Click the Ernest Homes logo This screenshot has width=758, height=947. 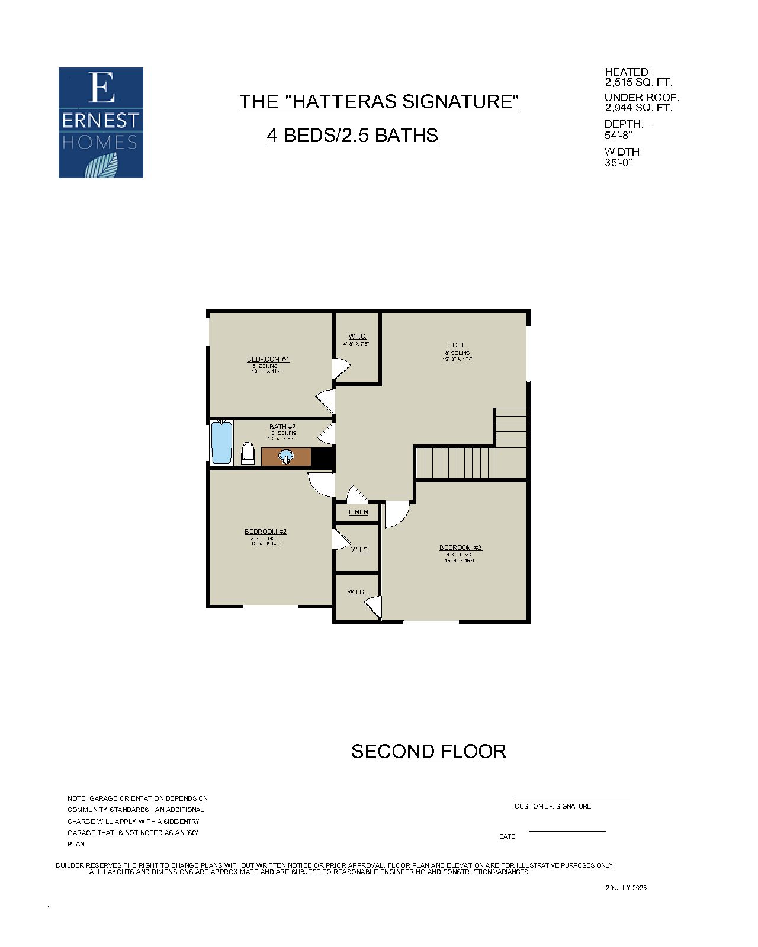coord(101,123)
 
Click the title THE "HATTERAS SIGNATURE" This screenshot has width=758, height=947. coord(379,101)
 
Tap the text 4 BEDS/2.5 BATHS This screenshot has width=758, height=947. coord(352,136)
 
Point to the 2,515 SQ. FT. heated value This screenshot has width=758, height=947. coord(638,82)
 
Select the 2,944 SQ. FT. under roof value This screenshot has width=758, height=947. coord(638,108)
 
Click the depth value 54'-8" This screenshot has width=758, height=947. coord(618,135)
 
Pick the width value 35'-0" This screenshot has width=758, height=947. coord(618,162)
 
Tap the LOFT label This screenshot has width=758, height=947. coord(456,345)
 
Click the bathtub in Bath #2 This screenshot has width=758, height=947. coord(221,443)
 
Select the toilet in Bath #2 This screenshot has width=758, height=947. coord(248,453)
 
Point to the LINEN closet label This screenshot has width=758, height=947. coord(358,512)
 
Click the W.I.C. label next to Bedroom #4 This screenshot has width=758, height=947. coord(357,336)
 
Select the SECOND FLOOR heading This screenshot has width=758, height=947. coord(428,752)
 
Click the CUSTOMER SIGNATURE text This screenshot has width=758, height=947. coord(553,806)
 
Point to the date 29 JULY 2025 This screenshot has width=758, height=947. coord(626,888)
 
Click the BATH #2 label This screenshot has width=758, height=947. coord(282,427)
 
